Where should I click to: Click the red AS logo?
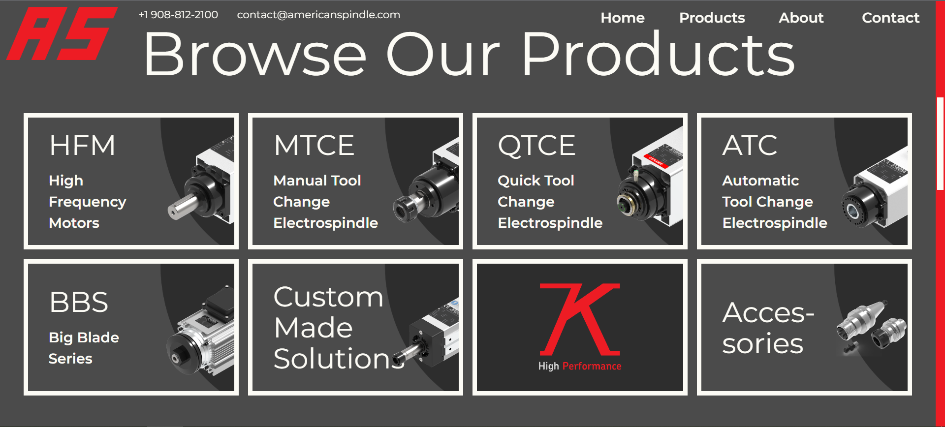tap(62, 33)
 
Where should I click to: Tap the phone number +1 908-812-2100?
tap(178, 15)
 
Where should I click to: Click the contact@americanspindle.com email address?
tap(318, 15)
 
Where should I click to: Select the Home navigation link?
tap(622, 18)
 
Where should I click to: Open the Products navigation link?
tap(712, 18)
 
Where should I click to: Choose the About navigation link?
tap(801, 18)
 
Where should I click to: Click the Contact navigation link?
tap(890, 18)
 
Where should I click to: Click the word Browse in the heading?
tap(255, 55)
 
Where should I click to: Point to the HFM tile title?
tap(82, 146)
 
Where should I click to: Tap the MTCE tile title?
tap(314, 146)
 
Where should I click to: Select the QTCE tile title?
tap(536, 146)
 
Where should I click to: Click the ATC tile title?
tap(750, 146)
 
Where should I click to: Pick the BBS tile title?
tap(79, 302)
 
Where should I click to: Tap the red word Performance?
tap(592, 366)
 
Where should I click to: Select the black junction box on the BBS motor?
tap(220, 301)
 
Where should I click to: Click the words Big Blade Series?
tap(84, 348)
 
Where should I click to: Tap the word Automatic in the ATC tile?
tap(760, 181)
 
